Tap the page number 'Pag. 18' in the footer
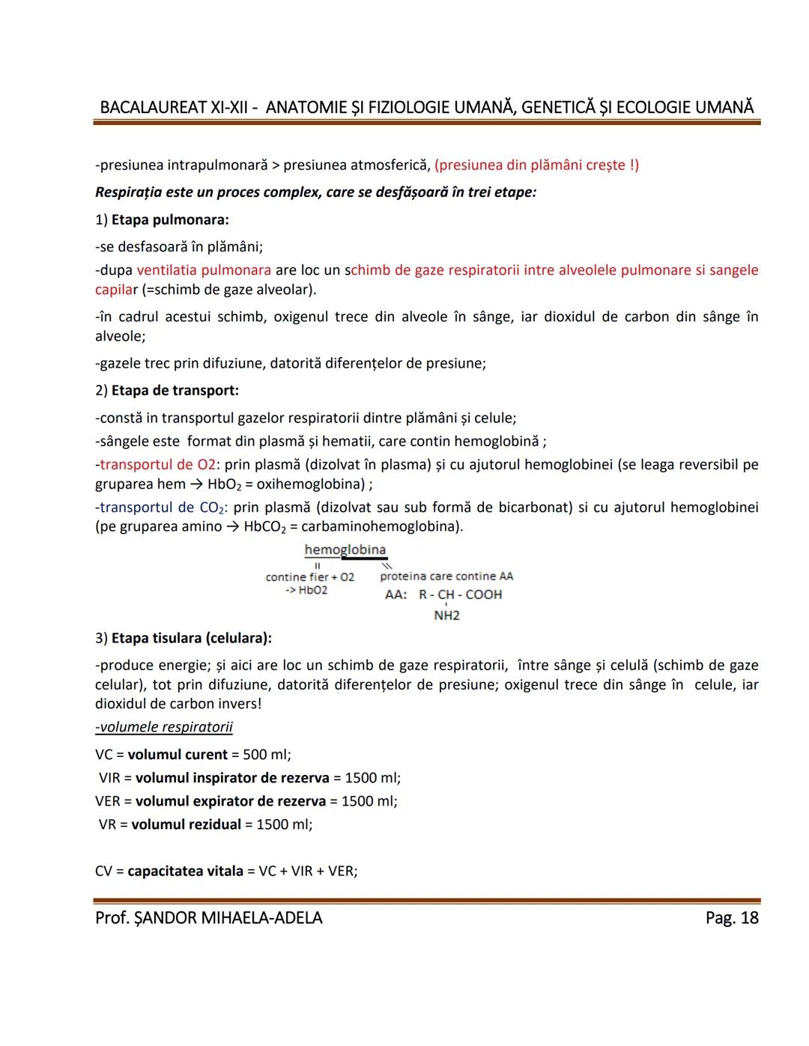(731, 918)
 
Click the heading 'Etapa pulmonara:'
(170, 220)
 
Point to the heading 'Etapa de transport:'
(175, 391)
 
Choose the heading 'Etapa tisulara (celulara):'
(191, 639)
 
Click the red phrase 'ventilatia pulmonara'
(204, 270)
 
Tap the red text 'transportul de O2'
(157, 465)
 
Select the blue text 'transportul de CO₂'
(162, 508)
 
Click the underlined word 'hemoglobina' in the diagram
(345, 550)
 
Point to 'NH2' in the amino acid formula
(446, 615)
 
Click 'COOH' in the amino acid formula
(484, 595)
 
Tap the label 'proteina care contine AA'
(446, 577)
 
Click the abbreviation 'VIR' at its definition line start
(109, 778)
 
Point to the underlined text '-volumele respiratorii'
(164, 728)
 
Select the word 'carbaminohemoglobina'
(381, 527)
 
